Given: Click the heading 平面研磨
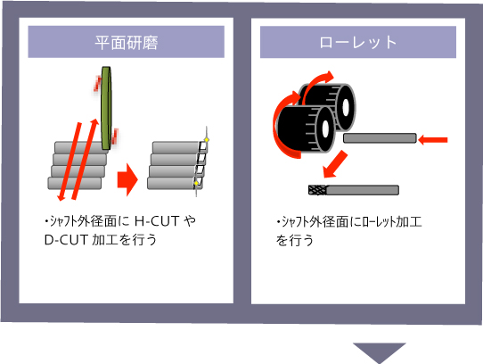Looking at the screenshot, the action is click(127, 43).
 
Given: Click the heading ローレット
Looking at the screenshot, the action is click(358, 43).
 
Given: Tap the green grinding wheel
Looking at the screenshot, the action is click(106, 108).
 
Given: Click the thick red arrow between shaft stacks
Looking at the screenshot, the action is click(127, 180).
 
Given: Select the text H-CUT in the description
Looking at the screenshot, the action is click(157, 221).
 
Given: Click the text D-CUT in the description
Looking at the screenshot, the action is click(67, 240).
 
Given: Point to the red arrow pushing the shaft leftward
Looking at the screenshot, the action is click(433, 140).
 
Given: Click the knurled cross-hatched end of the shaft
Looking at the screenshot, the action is click(317, 190).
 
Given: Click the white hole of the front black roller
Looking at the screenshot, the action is click(325, 129).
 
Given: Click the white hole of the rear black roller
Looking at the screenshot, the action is click(345, 107).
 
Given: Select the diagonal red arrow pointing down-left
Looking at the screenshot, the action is click(335, 164).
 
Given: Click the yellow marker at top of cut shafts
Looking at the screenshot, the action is click(207, 140).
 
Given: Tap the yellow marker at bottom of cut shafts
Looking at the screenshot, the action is click(197, 184).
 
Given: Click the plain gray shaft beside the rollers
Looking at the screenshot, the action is click(380, 138).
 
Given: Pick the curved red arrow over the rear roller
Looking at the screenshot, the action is click(317, 83).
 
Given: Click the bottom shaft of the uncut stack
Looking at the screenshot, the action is click(74, 183).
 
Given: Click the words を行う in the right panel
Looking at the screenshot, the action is click(295, 240).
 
